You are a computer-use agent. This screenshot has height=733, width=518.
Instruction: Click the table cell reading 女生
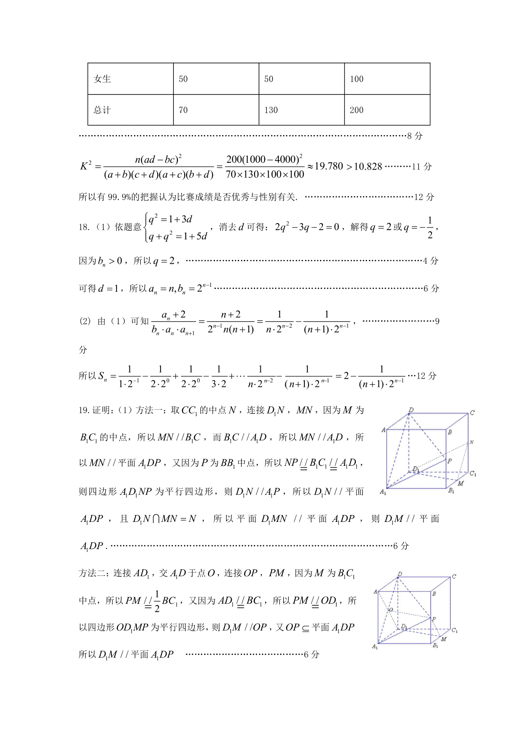[x=102, y=79]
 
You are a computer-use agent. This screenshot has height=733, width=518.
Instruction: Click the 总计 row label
[x=102, y=110]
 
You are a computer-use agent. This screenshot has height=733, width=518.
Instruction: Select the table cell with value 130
[x=271, y=110]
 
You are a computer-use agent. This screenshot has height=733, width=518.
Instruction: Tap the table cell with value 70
[x=183, y=110]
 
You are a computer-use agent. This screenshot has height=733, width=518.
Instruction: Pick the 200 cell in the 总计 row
[x=357, y=110]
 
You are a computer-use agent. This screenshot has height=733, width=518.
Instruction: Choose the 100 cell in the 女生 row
[x=357, y=79]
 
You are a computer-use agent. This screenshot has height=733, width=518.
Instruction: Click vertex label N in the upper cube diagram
[x=471, y=442]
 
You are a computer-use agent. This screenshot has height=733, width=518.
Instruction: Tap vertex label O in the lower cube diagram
[x=390, y=610]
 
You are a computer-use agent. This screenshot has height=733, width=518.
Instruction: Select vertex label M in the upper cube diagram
[x=461, y=483]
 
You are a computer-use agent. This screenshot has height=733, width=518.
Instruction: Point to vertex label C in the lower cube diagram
[x=454, y=576]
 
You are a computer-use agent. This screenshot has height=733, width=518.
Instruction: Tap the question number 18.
[x=84, y=227]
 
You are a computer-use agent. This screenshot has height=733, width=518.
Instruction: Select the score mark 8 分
[x=415, y=136]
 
